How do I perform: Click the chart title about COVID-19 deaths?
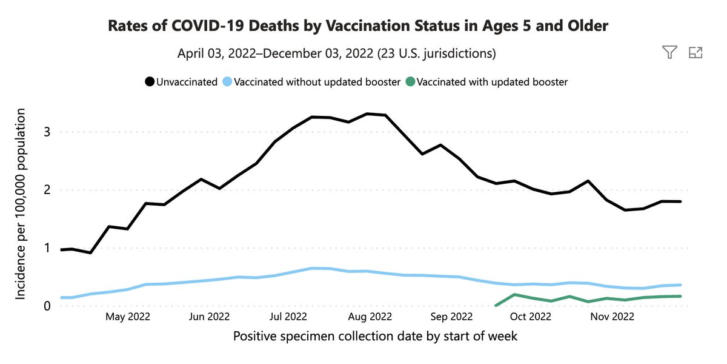[x=358, y=26]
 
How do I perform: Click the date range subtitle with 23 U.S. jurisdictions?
[x=337, y=53]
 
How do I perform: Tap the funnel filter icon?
[x=669, y=53]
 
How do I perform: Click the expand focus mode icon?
[x=695, y=53]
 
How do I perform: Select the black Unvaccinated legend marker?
[x=149, y=82]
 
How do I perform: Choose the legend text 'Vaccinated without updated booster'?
[x=317, y=82]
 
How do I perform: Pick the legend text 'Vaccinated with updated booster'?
[x=492, y=82]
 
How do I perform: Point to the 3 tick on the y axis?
[x=46, y=132]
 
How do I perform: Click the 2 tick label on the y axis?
[x=46, y=190]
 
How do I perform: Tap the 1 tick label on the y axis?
[x=46, y=248]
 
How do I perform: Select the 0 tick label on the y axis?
[x=46, y=306]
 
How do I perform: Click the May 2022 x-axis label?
[x=127, y=317]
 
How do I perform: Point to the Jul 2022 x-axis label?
[x=288, y=317]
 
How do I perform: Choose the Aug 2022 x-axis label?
[x=370, y=317]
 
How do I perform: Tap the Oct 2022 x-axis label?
[x=531, y=317]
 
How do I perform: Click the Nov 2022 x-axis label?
[x=612, y=317]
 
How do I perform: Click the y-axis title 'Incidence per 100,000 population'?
[x=21, y=203]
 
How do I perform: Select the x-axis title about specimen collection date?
[x=375, y=335]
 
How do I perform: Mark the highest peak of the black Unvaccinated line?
[x=367, y=113]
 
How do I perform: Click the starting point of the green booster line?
[x=496, y=305]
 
